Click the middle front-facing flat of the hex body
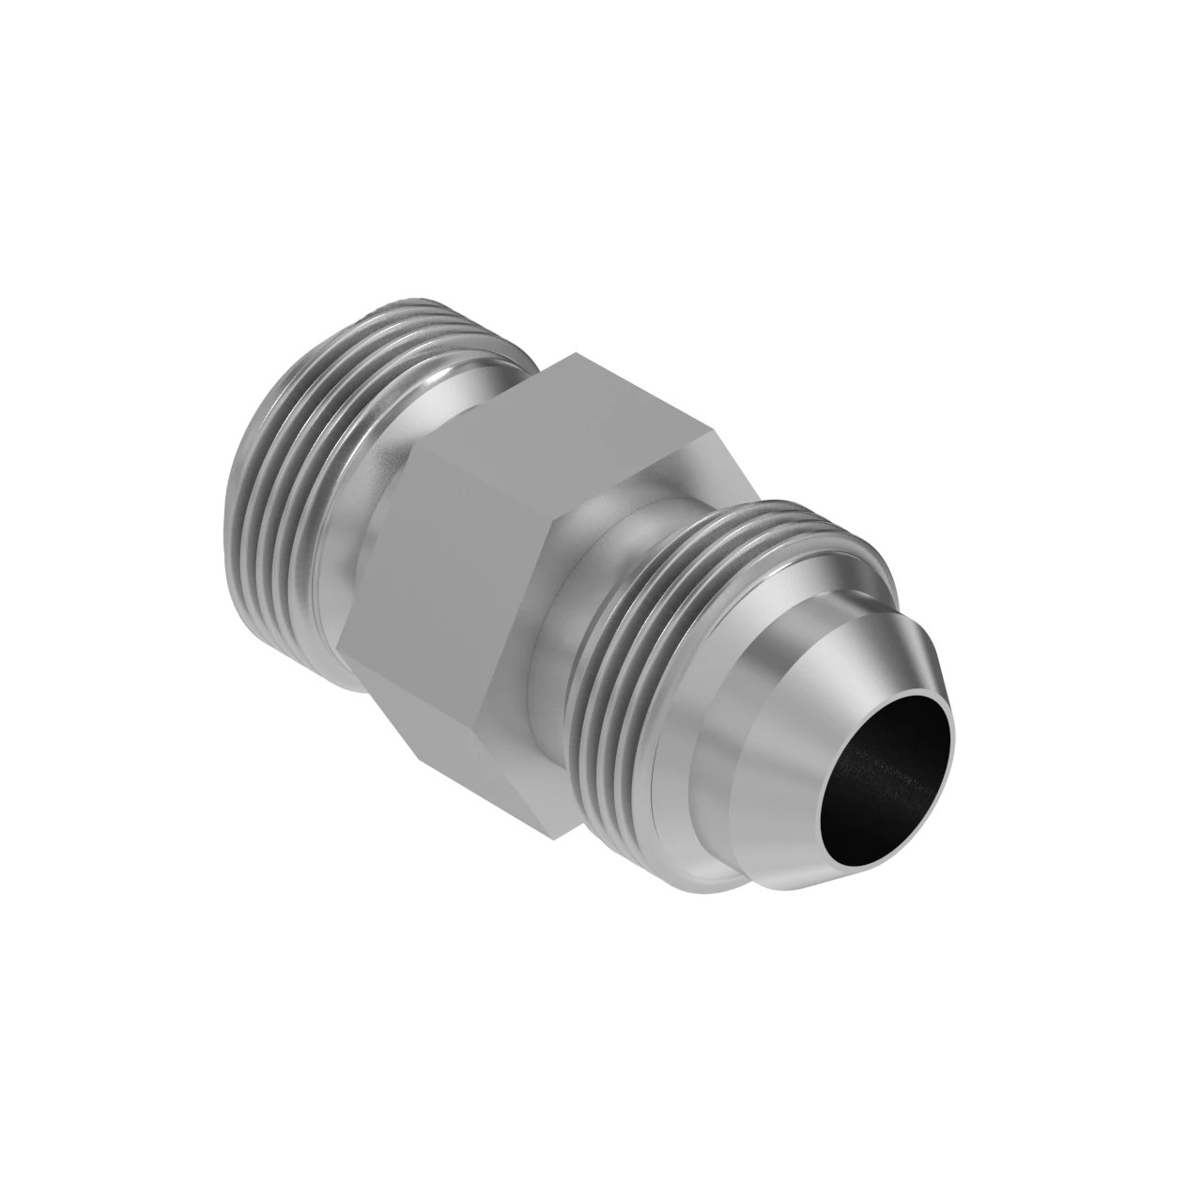coord(441,563)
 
